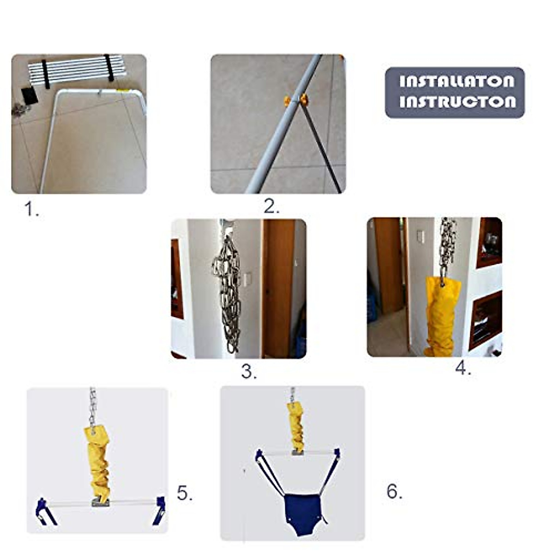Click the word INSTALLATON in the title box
(456, 82)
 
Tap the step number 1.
(31, 210)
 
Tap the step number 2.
(271, 207)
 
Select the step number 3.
(249, 372)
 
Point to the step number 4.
(463, 368)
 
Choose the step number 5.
(185, 494)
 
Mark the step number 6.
(394, 492)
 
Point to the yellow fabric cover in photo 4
(442, 316)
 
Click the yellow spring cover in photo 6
(296, 427)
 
